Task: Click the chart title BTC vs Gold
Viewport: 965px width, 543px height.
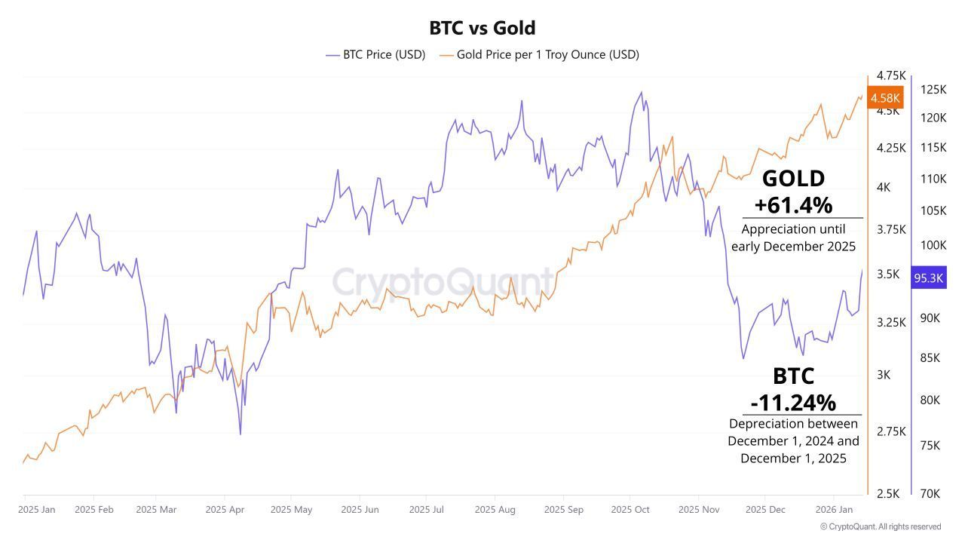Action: pyautogui.click(x=482, y=28)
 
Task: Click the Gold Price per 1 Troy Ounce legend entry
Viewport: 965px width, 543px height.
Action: pyautogui.click(x=539, y=54)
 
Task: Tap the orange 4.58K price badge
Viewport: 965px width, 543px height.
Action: pyautogui.click(x=885, y=98)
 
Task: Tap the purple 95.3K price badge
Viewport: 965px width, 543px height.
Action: pyautogui.click(x=928, y=278)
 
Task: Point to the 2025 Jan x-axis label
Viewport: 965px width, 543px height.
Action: pyautogui.click(x=37, y=510)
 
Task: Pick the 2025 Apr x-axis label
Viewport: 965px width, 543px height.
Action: pyautogui.click(x=225, y=510)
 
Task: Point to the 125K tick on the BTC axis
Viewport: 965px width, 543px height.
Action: pyautogui.click(x=933, y=90)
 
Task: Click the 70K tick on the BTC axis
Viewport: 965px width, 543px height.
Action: pyautogui.click(x=930, y=493)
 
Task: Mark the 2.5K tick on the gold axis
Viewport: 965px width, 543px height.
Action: pyautogui.click(x=888, y=493)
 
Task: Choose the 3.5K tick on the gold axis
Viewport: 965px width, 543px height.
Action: pyautogui.click(x=888, y=274)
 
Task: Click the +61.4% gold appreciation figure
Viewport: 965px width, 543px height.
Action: pyautogui.click(x=793, y=204)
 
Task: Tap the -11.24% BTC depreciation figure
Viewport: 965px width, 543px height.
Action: pyautogui.click(x=793, y=402)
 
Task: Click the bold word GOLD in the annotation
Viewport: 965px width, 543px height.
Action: pyautogui.click(x=793, y=179)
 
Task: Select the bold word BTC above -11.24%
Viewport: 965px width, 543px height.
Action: pyautogui.click(x=793, y=376)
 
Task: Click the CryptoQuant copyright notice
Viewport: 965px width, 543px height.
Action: pyautogui.click(x=881, y=526)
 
